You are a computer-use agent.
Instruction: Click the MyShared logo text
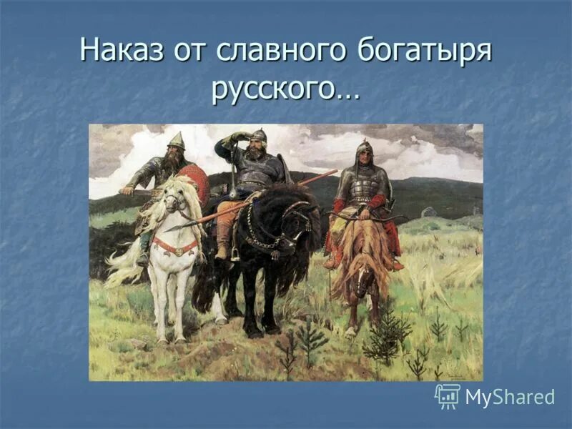pyautogui.click(x=510, y=397)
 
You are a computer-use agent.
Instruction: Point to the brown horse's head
pyautogui.click(x=365, y=268)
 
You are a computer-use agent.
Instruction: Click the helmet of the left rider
pyautogui.click(x=176, y=142)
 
